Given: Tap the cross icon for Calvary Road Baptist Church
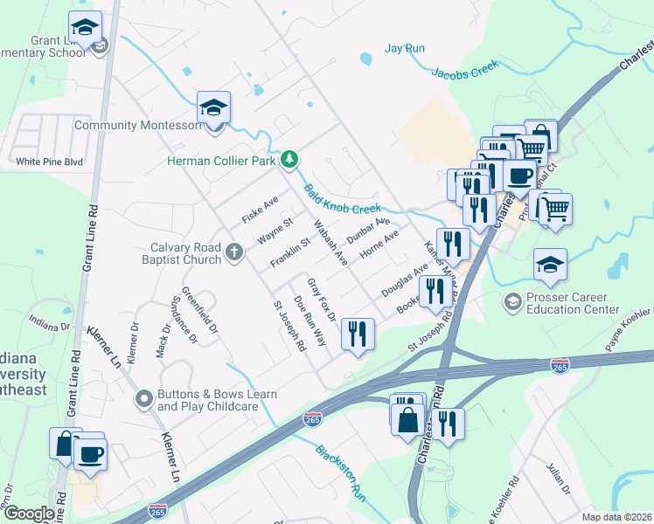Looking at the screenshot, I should click(x=233, y=252).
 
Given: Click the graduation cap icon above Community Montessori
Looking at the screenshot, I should click(x=213, y=109).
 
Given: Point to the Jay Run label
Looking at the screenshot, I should click(x=405, y=48).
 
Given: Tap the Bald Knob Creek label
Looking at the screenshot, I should click(x=343, y=199).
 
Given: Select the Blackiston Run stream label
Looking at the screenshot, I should click(x=340, y=472).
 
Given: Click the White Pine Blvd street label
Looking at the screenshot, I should click(x=49, y=162).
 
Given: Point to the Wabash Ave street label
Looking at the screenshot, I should click(x=330, y=243).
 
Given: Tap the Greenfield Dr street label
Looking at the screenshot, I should click(x=198, y=307).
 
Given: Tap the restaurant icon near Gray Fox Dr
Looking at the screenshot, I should click(x=357, y=334).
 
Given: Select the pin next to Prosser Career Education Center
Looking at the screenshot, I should click(x=512, y=303).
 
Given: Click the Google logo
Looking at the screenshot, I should click(x=28, y=514).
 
